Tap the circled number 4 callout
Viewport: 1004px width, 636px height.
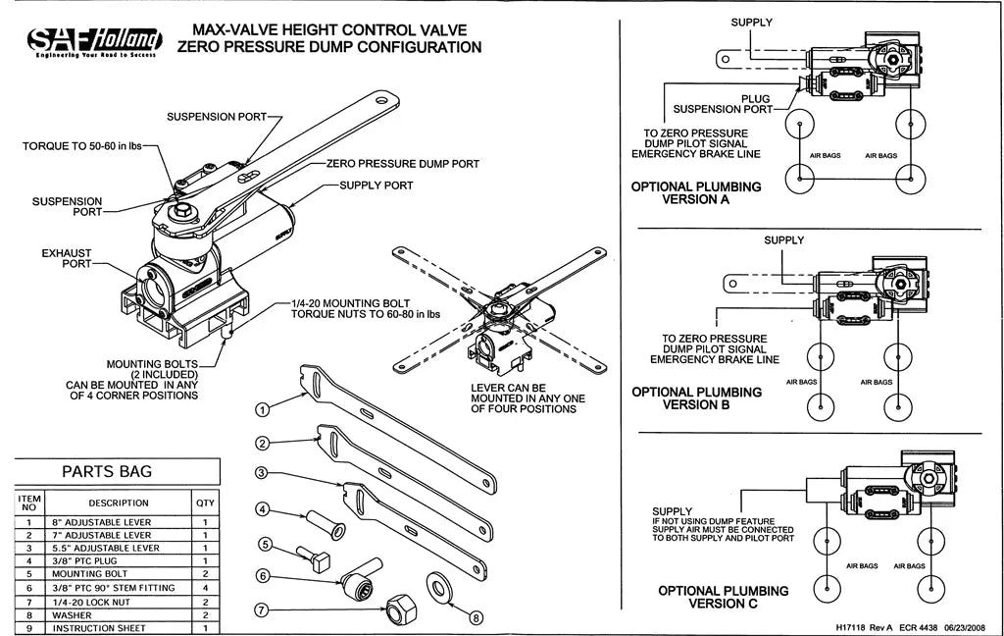tap(263, 508)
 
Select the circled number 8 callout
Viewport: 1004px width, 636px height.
tap(476, 617)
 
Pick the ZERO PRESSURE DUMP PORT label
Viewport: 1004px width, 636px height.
tap(396, 164)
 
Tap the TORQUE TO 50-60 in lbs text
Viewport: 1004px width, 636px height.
tap(82, 146)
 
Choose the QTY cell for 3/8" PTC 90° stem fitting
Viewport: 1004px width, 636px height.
tap(205, 587)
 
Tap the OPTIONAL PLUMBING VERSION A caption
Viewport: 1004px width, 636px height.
tap(696, 192)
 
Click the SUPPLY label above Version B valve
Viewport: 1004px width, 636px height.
tap(783, 240)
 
